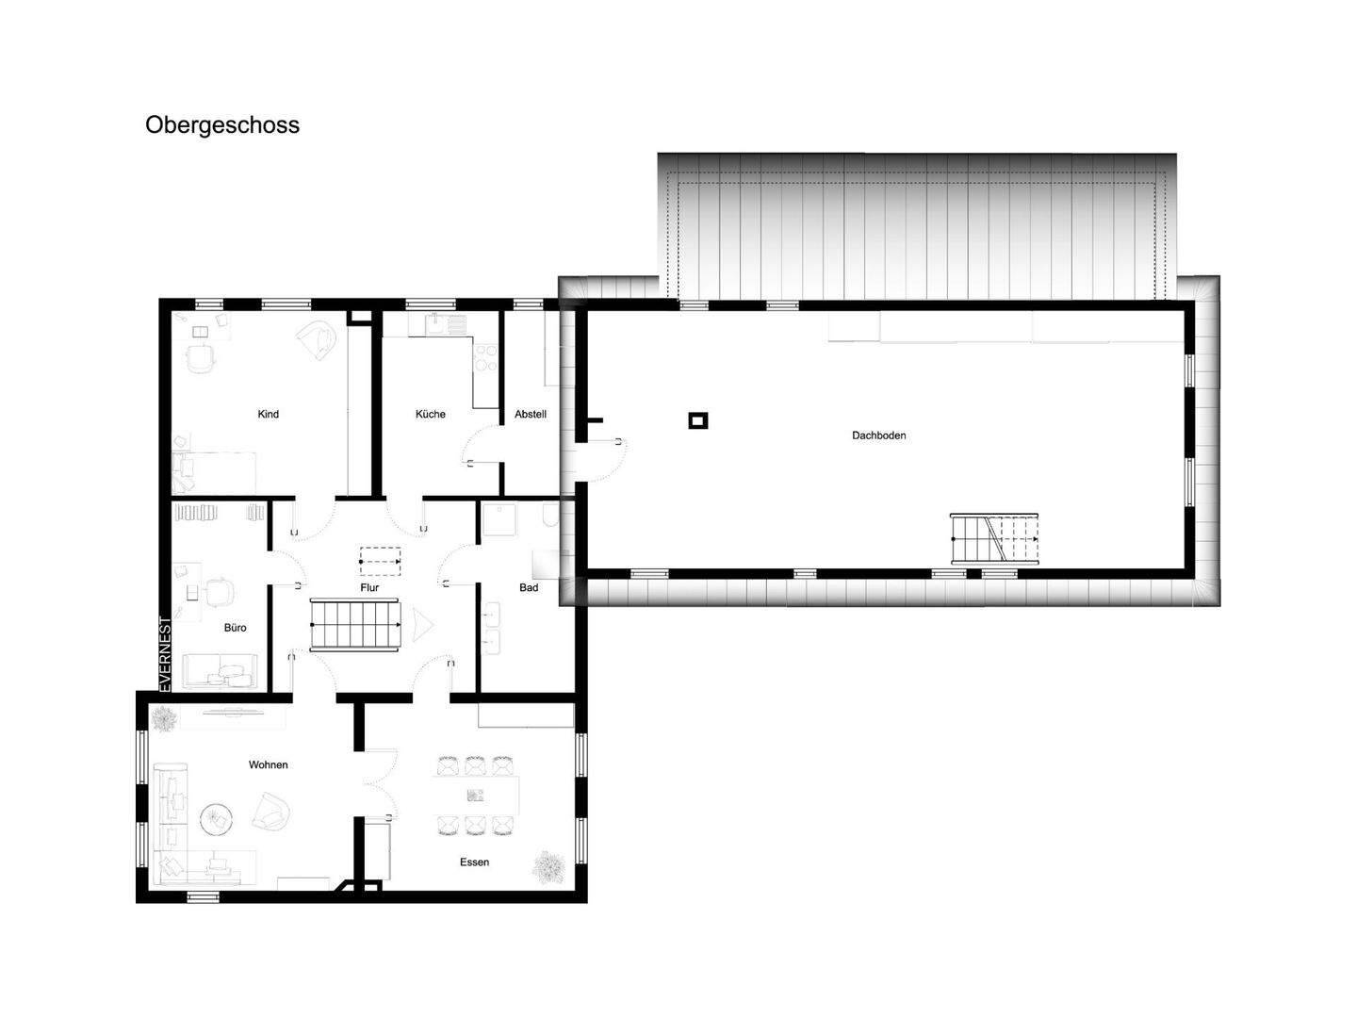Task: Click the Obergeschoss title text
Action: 222,125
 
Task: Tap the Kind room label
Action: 269,414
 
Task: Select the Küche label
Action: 431,414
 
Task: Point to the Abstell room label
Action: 531,414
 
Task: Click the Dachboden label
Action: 878,435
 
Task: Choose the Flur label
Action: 369,587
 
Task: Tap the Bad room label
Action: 529,587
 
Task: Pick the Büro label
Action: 235,628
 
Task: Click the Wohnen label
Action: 269,764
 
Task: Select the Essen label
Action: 474,862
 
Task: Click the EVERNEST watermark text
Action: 165,654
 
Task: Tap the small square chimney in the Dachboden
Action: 698,421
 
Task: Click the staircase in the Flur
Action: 355,624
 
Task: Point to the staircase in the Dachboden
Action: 994,538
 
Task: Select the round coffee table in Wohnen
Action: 217,820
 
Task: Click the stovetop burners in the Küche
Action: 485,358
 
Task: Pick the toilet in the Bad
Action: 549,516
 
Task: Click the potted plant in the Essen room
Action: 549,866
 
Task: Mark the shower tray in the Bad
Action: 499,519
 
